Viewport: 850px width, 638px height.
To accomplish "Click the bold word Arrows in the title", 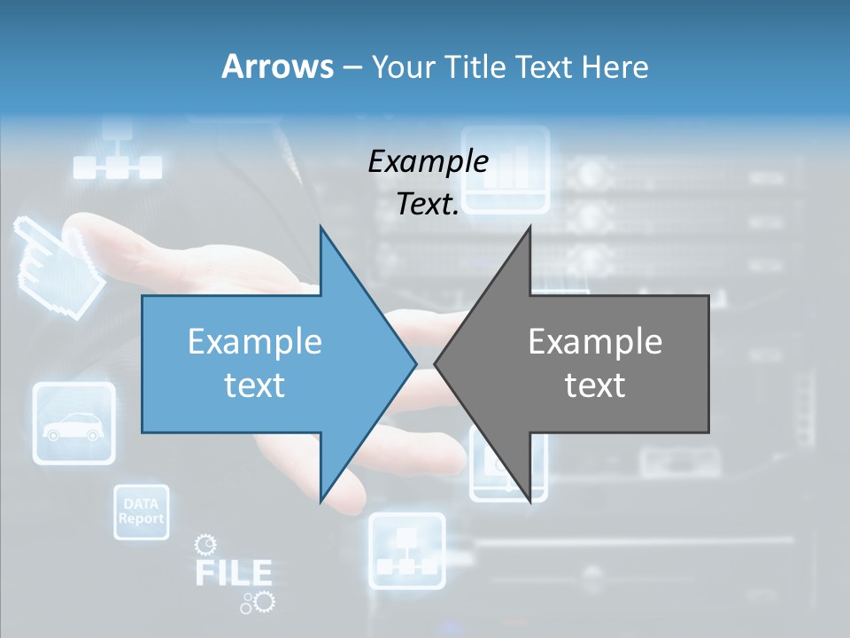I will click(277, 66).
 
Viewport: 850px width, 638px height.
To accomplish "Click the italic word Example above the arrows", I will click(429, 161).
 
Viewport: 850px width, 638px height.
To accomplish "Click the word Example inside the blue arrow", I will click(255, 342).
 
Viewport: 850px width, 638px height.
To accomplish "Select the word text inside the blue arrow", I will click(255, 385).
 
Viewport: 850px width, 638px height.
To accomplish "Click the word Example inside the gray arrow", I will click(595, 342).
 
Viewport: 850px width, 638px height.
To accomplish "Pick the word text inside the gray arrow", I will click(595, 385).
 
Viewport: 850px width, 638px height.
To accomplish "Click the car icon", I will click(73, 424).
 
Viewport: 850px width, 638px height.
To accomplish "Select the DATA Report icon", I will click(142, 512).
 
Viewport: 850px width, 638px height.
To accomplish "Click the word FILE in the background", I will click(233, 572).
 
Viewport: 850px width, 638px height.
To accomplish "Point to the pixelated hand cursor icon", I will click(58, 261).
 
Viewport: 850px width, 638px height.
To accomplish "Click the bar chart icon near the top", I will click(506, 169).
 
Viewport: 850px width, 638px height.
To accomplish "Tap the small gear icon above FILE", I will click(205, 543).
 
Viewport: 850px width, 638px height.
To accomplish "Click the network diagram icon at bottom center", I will click(406, 550).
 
